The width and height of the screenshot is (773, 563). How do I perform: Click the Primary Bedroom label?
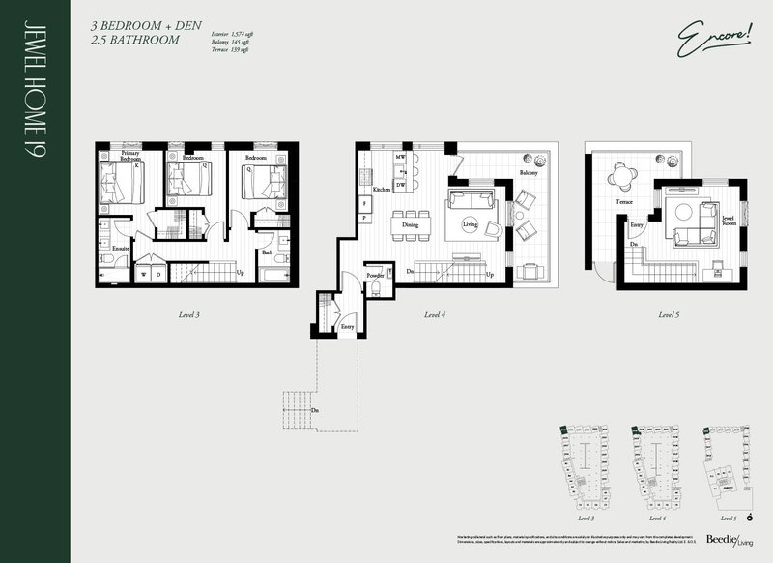tap(131, 158)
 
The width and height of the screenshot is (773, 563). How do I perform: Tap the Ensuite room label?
tap(120, 249)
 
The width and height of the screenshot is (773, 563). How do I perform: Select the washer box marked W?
tap(145, 274)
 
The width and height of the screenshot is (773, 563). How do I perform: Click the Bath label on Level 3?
tap(266, 252)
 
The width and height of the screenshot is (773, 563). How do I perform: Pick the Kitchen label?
tap(381, 190)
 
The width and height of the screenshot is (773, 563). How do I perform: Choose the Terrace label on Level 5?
tap(623, 203)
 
